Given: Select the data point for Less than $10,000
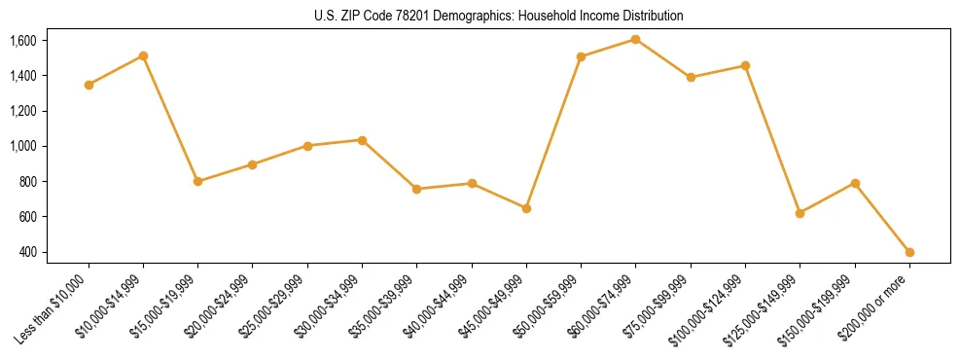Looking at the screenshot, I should (89, 85).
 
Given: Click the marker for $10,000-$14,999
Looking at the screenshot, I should (143, 55).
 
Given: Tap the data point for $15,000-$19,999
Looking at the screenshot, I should (197, 181).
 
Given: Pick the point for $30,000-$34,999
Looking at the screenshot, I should (362, 140).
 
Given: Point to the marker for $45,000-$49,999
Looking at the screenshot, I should (526, 208).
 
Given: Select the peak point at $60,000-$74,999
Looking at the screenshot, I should (635, 39).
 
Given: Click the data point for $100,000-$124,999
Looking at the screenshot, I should (745, 65).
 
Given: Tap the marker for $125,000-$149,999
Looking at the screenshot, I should (800, 213).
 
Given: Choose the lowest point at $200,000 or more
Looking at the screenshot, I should (909, 252).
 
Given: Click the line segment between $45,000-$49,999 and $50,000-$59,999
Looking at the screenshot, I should (553, 132).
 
